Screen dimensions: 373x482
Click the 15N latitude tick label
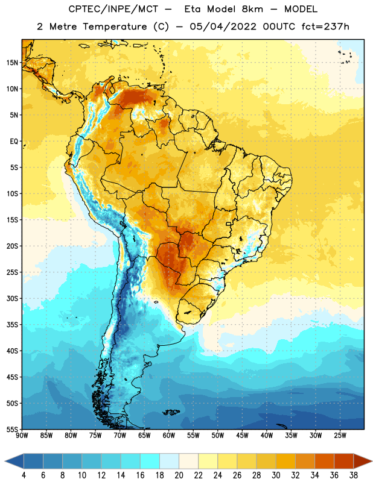[x=12, y=63]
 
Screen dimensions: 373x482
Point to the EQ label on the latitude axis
[x=14, y=142]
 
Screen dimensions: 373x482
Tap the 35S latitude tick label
[x=12, y=325]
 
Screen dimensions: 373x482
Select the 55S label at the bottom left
[x=12, y=430]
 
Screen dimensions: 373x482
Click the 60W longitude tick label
[x=169, y=436]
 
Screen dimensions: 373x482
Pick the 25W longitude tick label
[x=340, y=436]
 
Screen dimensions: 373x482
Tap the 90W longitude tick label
[x=22, y=436]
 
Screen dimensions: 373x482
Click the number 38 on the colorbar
[x=354, y=475]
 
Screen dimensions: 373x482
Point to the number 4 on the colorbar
[x=24, y=475]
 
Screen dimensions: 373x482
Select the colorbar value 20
[x=179, y=475]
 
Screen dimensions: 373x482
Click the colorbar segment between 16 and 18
[x=150, y=461]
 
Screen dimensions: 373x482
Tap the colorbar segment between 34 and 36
[x=325, y=461]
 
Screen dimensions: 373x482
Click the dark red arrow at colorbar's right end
[x=362, y=461]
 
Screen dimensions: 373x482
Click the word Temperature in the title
[x=115, y=27]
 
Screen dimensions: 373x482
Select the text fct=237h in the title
[x=325, y=27]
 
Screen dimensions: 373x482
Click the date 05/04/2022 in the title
[x=223, y=27]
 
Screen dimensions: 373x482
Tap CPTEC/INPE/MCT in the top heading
[x=113, y=9]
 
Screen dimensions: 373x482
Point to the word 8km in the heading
[x=252, y=9]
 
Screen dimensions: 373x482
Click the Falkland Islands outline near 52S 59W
[x=171, y=412]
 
